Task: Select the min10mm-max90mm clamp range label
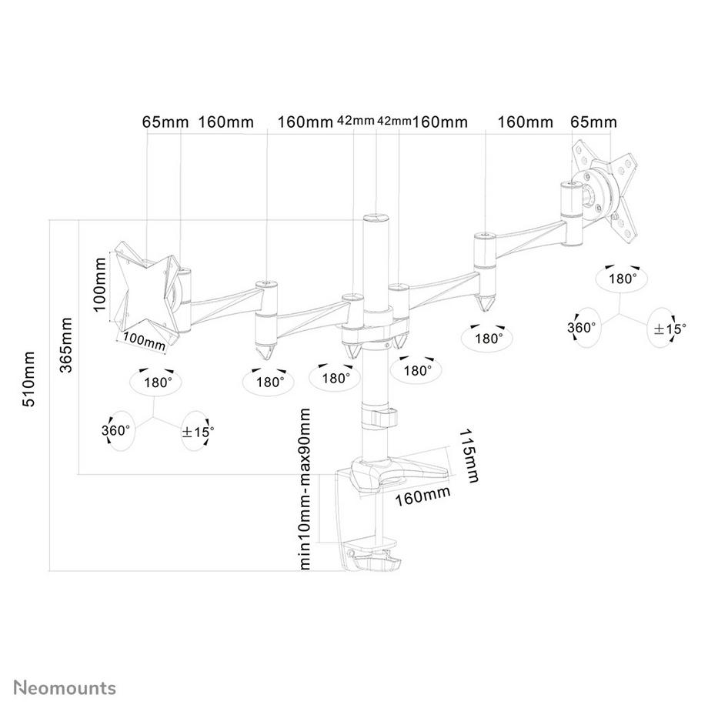click(x=306, y=488)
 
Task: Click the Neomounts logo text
click(x=64, y=686)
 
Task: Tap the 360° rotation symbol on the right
click(x=583, y=327)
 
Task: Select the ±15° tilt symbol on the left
click(x=198, y=431)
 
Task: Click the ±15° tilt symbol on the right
click(x=667, y=329)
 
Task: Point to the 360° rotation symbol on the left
click(x=117, y=430)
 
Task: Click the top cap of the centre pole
click(x=376, y=219)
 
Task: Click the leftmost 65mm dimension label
click(x=162, y=122)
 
